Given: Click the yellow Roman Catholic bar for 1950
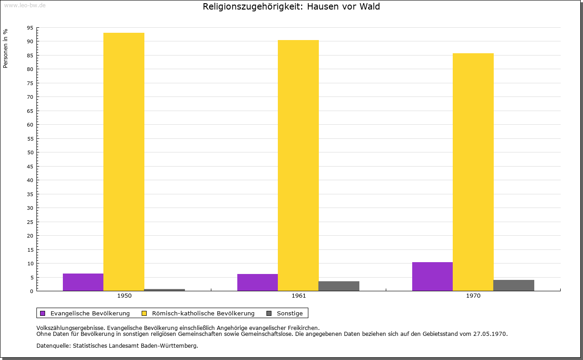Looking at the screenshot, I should [x=124, y=162].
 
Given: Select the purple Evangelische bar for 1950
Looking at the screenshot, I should [x=83, y=282].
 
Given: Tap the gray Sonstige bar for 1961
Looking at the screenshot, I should [x=339, y=286].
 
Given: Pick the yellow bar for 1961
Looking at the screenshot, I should [x=298, y=165].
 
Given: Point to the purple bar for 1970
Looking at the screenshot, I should [x=432, y=276].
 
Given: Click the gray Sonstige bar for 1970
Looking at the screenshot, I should [x=514, y=285].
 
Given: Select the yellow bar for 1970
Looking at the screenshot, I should [x=473, y=172].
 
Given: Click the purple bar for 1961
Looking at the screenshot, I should [x=257, y=282].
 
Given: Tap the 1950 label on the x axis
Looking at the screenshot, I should [x=124, y=296].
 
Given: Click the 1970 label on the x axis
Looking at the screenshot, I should [x=473, y=296].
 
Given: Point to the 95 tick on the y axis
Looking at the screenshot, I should [x=30, y=28].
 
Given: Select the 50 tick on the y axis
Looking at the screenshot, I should [x=30, y=152].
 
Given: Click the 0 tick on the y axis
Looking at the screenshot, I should [x=31, y=291].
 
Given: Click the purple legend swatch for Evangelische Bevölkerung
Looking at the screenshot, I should [x=43, y=313].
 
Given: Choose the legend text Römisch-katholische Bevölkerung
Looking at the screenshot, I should [x=203, y=313].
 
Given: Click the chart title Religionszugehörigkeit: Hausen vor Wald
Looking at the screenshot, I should [x=291, y=6].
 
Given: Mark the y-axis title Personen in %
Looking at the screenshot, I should [x=5, y=48].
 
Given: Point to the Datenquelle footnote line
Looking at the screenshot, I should [x=117, y=345].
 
